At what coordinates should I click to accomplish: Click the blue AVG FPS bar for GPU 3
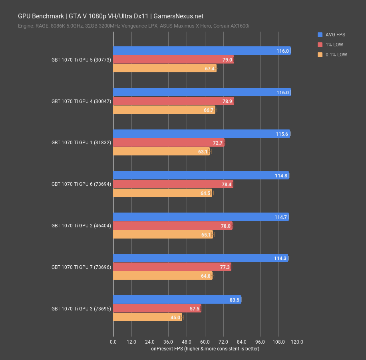(177, 300)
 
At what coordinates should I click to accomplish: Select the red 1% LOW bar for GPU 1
(169, 143)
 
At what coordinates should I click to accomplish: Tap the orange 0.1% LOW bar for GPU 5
(165, 68)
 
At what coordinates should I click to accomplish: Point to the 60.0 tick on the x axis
(205, 342)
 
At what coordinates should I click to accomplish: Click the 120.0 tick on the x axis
(297, 342)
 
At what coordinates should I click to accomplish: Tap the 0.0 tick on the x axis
(113, 342)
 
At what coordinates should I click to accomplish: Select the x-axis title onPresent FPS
(205, 349)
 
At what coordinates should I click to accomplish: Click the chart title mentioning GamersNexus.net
(111, 16)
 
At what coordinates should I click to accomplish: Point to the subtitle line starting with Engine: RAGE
(134, 26)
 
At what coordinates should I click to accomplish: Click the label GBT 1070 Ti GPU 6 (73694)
(81, 184)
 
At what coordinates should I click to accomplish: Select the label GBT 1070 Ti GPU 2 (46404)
(81, 226)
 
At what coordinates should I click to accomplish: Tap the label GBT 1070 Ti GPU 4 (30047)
(81, 101)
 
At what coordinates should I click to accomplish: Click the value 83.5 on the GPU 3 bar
(234, 300)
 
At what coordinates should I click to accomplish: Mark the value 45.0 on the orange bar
(175, 318)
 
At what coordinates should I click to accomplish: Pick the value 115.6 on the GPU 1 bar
(282, 134)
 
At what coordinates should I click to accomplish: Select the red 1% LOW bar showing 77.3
(172, 267)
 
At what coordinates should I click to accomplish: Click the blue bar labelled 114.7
(201, 217)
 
